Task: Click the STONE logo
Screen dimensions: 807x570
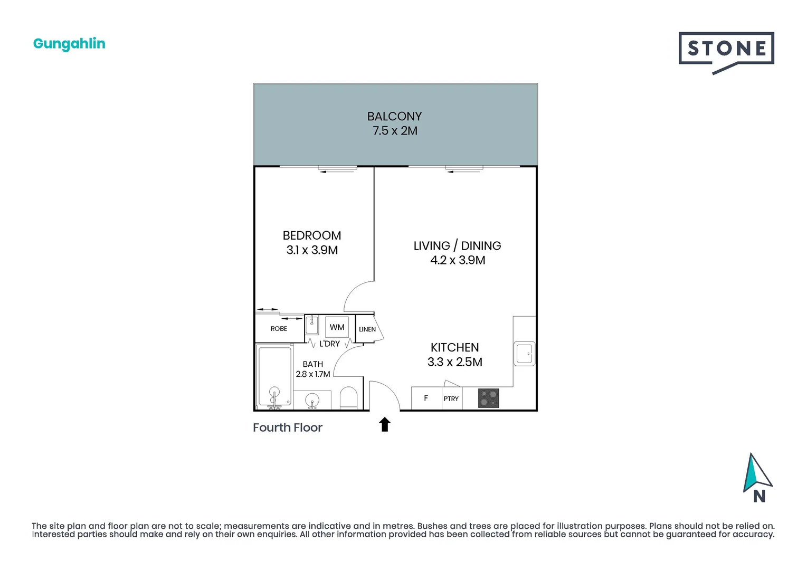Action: pyautogui.click(x=726, y=53)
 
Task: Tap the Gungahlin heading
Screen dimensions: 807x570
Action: pyautogui.click(x=69, y=44)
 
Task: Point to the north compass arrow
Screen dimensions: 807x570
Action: pyautogui.click(x=757, y=473)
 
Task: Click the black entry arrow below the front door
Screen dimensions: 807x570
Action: pyautogui.click(x=384, y=424)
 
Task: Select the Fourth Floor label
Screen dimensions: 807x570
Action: pyautogui.click(x=288, y=427)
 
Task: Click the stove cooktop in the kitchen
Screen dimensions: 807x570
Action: pyautogui.click(x=488, y=398)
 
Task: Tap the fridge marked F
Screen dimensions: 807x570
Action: pyautogui.click(x=426, y=398)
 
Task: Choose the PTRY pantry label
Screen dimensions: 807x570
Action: pyautogui.click(x=451, y=398)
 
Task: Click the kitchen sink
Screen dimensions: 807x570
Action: pyautogui.click(x=524, y=354)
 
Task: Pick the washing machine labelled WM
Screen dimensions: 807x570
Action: pyautogui.click(x=337, y=327)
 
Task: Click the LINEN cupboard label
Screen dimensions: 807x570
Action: pyautogui.click(x=367, y=329)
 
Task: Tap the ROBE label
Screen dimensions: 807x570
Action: pyautogui.click(x=279, y=329)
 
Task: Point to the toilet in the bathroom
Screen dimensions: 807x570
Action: pyautogui.click(x=348, y=398)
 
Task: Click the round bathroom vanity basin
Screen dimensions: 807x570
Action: pyautogui.click(x=312, y=400)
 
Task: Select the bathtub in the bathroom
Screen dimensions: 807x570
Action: pyautogui.click(x=274, y=376)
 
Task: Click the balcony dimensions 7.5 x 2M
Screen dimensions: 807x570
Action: pyautogui.click(x=395, y=130)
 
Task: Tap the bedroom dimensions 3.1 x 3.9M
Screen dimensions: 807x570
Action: pyautogui.click(x=312, y=250)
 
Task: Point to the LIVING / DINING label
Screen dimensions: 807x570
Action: pyautogui.click(x=457, y=246)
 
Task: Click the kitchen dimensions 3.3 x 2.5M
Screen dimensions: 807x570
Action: pyautogui.click(x=454, y=362)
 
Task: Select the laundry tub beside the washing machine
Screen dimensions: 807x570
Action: pyautogui.click(x=311, y=325)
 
